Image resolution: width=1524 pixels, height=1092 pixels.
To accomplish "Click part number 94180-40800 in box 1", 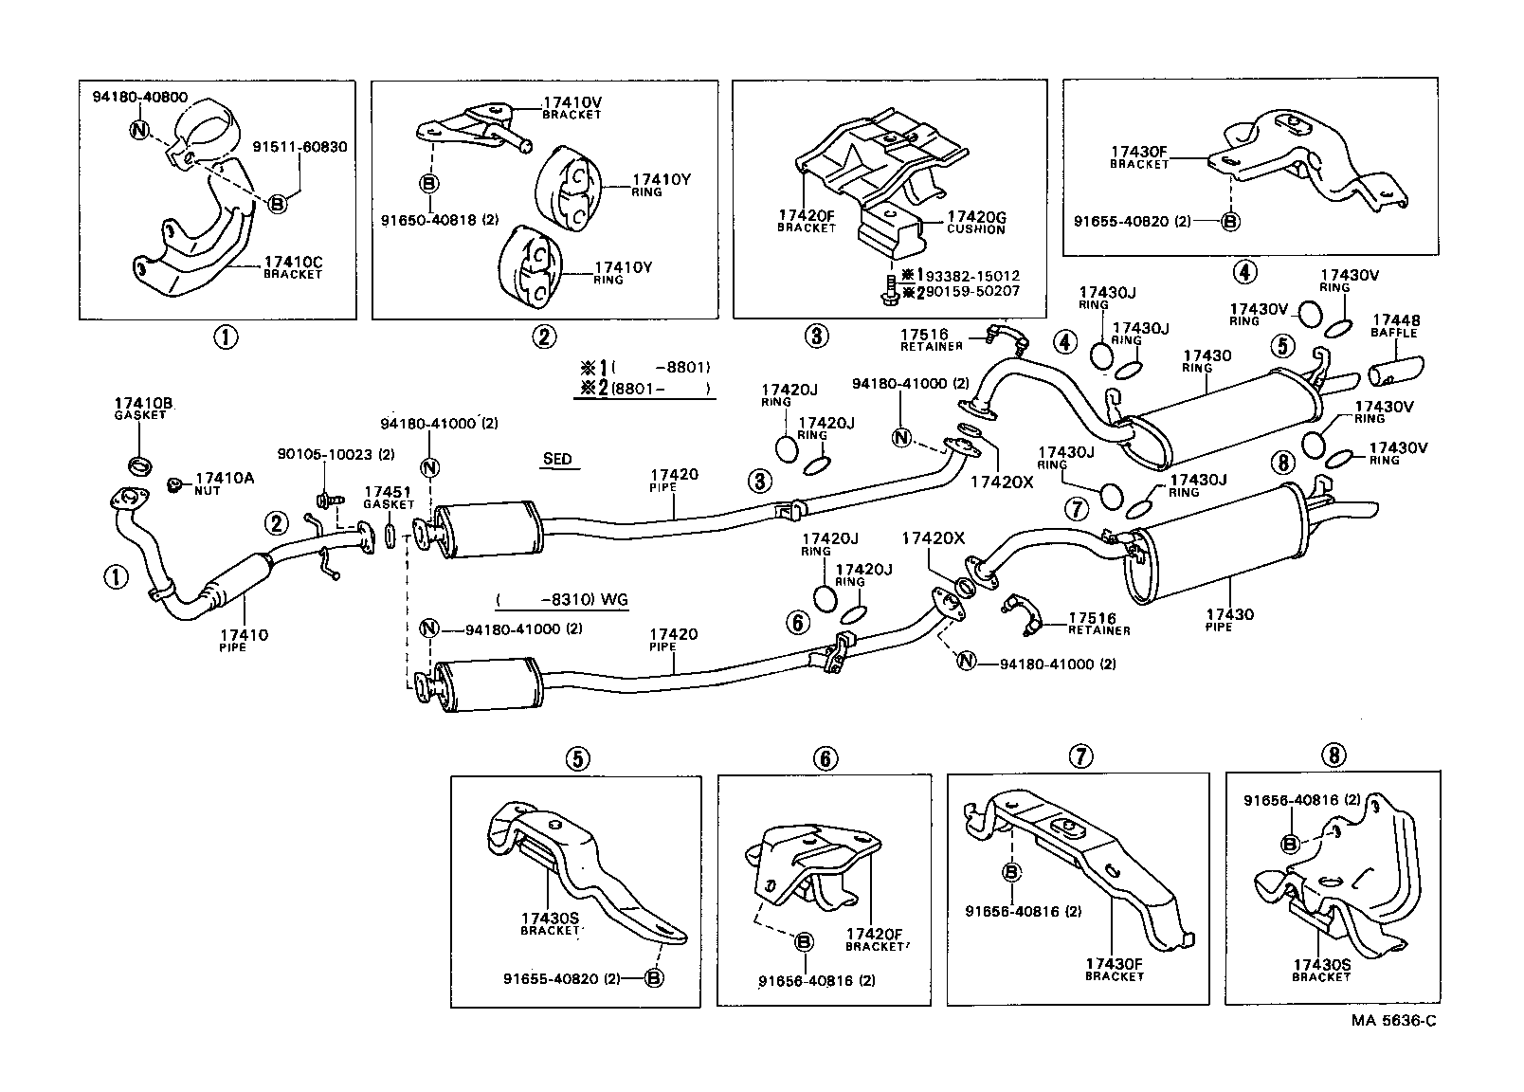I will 139,97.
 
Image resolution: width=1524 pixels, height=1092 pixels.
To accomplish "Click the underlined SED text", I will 557,460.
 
